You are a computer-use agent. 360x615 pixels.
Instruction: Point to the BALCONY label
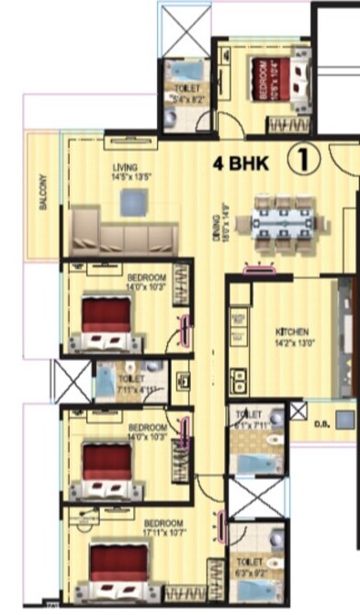(43, 192)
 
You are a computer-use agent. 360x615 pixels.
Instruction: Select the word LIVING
(125, 167)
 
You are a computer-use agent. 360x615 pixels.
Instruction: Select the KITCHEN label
(293, 330)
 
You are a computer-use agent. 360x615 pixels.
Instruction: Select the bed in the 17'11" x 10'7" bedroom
(118, 564)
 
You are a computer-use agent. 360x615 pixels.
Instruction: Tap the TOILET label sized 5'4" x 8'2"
(186, 87)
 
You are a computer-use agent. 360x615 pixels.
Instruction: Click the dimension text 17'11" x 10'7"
(147, 531)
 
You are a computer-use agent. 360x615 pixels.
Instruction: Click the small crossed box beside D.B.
(298, 411)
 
